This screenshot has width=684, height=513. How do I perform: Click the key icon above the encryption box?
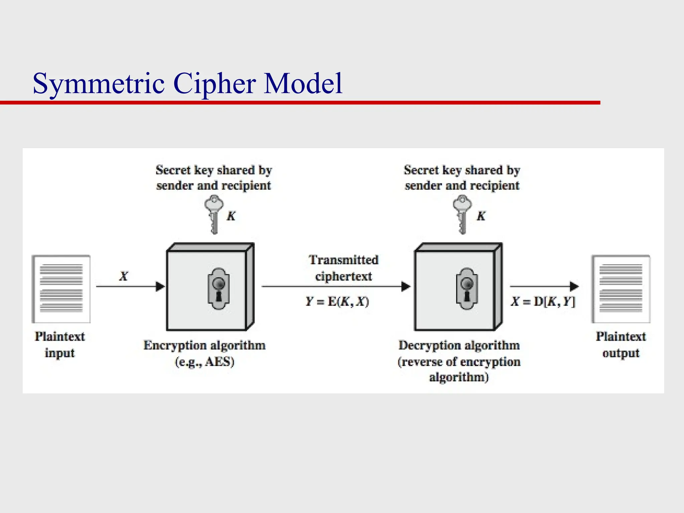[214, 214]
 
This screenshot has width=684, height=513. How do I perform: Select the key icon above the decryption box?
[462, 214]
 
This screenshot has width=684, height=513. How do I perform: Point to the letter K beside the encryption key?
[231, 216]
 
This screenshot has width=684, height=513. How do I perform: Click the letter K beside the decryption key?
[481, 216]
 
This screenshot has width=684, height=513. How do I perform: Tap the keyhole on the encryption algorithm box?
[218, 289]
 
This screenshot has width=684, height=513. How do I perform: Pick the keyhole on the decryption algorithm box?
[467, 289]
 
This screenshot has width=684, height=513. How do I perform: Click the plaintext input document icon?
[61, 289]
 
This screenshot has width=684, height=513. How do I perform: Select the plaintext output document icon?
[621, 289]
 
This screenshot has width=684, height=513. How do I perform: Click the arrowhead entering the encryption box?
[160, 286]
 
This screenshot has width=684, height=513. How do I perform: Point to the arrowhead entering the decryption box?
[405, 286]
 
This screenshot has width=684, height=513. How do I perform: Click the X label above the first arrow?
[124, 276]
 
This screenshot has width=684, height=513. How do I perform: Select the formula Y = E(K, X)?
[337, 302]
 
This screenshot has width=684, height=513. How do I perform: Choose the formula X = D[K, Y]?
[543, 302]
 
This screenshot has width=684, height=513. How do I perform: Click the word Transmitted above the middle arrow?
[344, 260]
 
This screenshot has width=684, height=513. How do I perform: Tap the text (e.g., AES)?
[205, 362]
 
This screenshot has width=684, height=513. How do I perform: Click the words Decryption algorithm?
[459, 345]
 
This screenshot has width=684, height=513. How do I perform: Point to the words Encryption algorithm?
[204, 345]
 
